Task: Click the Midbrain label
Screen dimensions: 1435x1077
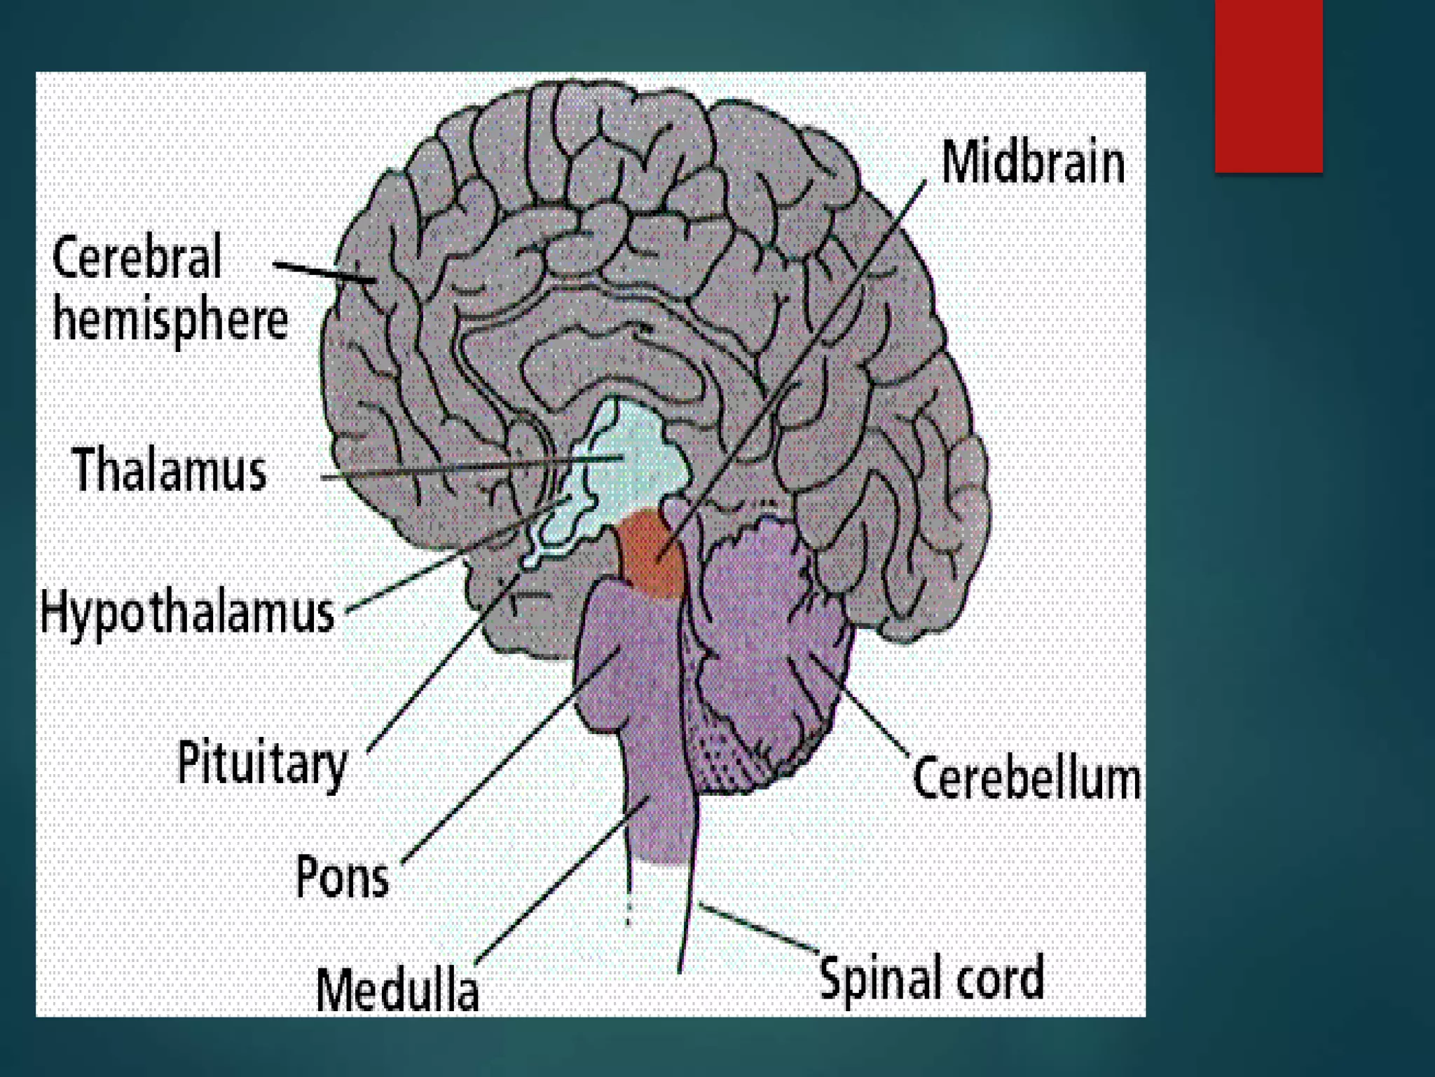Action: coord(1033,163)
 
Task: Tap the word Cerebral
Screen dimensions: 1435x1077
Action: coord(137,257)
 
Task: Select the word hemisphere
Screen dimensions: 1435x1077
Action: coord(170,321)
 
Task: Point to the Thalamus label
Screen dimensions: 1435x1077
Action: coord(170,469)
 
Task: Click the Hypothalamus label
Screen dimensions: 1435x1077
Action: coord(188,612)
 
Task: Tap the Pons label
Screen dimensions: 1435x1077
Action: coord(342,876)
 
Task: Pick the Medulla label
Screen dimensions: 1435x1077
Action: coord(397,989)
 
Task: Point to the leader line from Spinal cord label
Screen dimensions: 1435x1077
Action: coord(760,929)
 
